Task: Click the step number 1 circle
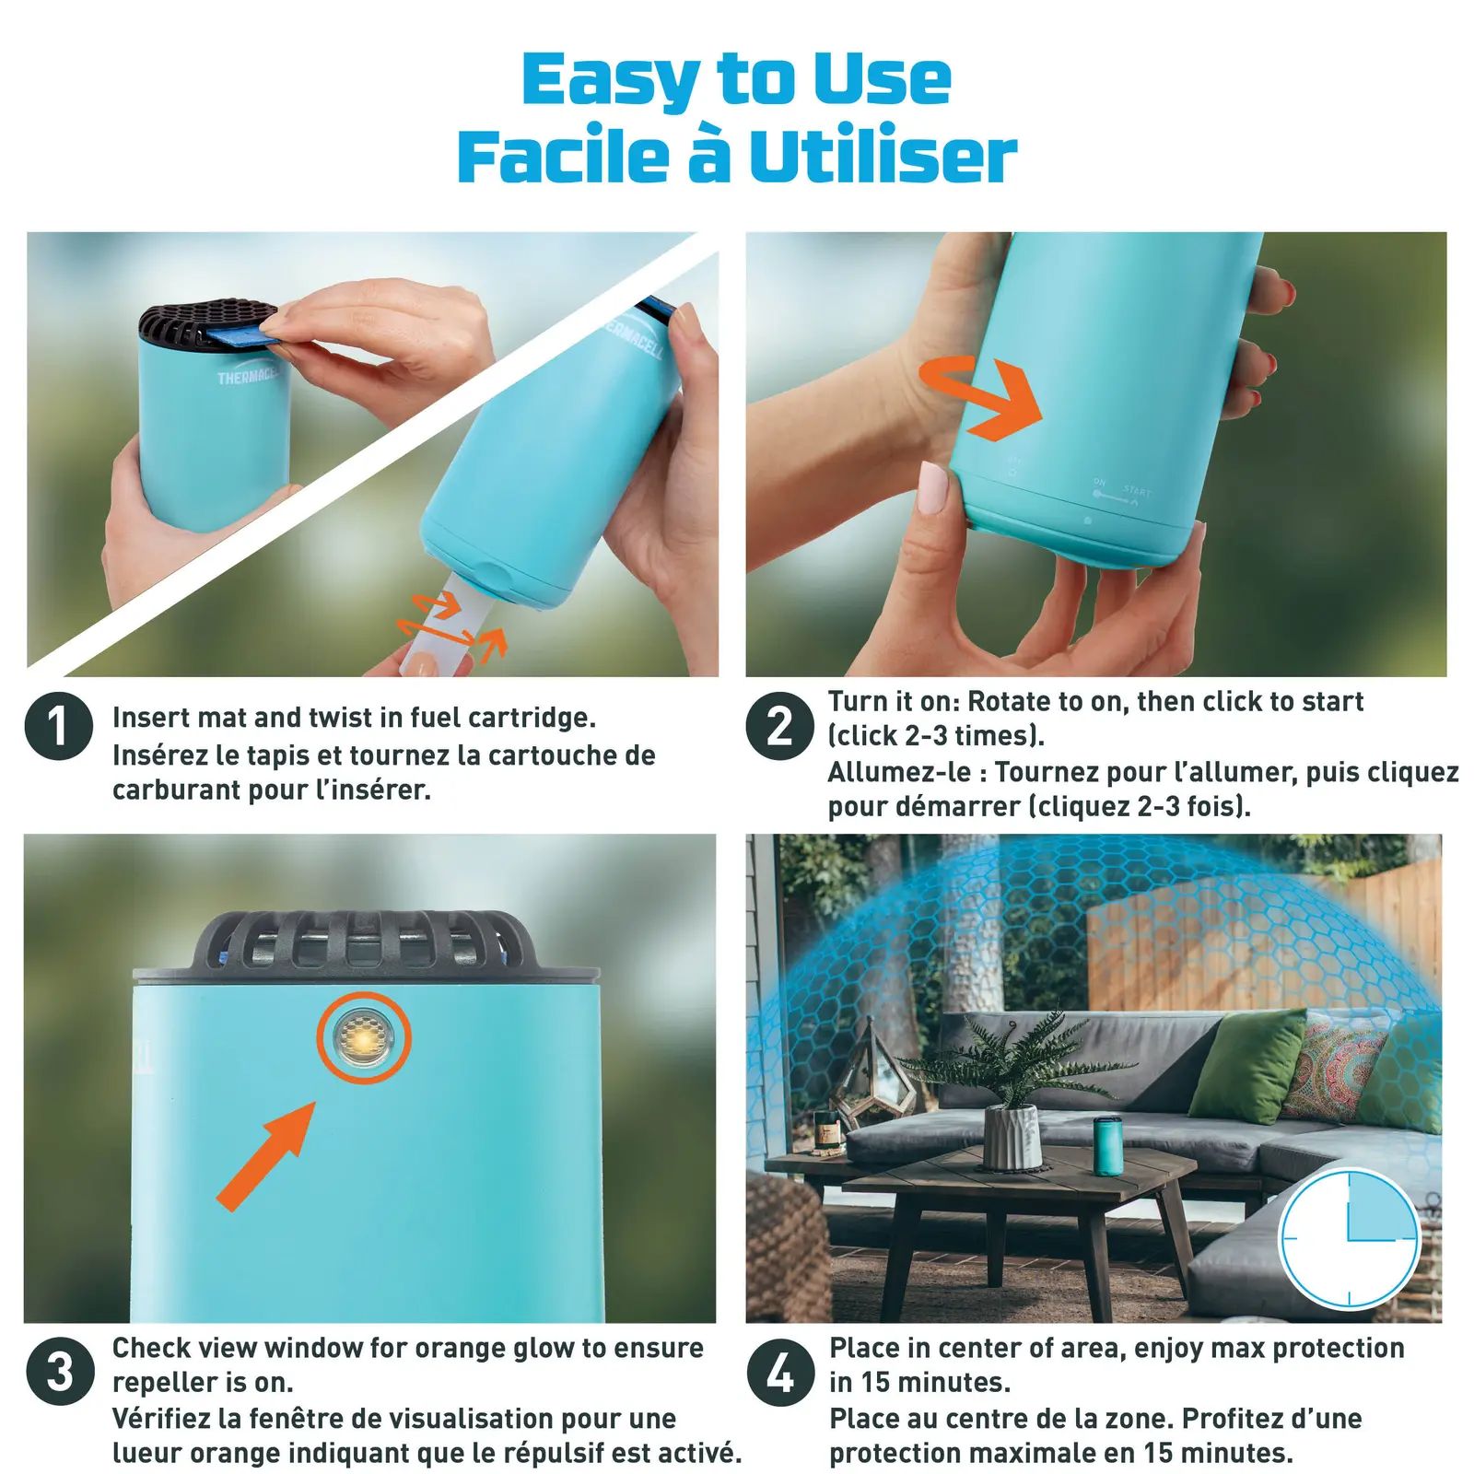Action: click(x=59, y=726)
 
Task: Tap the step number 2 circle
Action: click(x=779, y=726)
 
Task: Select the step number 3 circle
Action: click(x=60, y=1372)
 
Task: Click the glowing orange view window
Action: click(x=363, y=1038)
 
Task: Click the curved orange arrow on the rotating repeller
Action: click(x=982, y=395)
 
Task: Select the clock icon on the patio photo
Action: click(x=1349, y=1238)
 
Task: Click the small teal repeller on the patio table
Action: click(x=1106, y=1146)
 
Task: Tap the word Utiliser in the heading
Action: click(x=883, y=157)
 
